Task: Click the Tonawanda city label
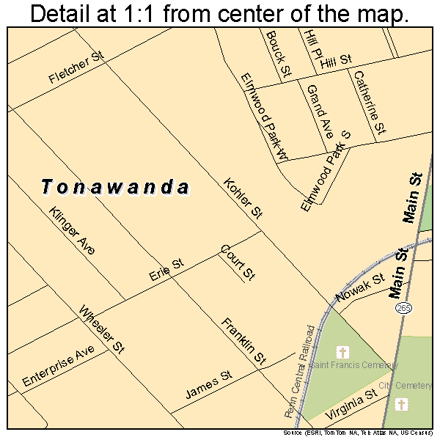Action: pyautogui.click(x=115, y=187)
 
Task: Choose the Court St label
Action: pyautogui.click(x=237, y=263)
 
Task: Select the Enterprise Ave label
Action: pyautogui.click(x=59, y=366)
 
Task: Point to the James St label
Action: pyautogui.click(x=208, y=384)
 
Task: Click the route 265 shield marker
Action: pyautogui.click(x=403, y=309)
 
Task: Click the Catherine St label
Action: pyautogui.click(x=368, y=102)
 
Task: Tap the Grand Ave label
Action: pyautogui.click(x=320, y=111)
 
